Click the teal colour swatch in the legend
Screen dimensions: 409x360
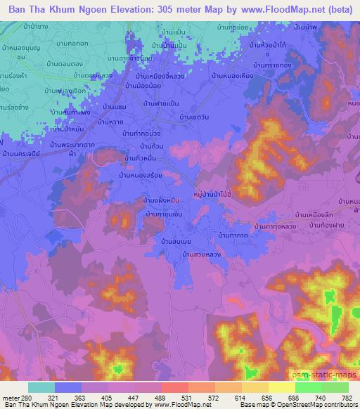(41, 387)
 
